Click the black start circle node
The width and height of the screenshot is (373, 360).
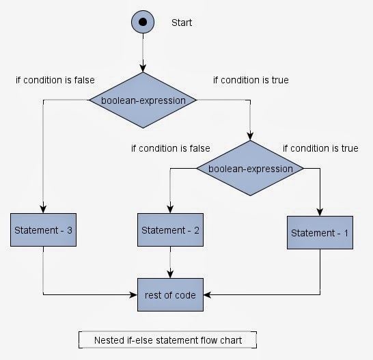coord(142,22)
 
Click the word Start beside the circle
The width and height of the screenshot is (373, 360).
coord(182,23)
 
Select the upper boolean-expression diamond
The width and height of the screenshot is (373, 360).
coord(143,100)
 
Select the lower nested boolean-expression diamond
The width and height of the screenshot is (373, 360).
coord(249,168)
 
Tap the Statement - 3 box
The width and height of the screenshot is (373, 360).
coord(43,231)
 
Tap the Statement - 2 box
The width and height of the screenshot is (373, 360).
coord(170,230)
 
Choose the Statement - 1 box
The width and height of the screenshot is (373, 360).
coord(320,233)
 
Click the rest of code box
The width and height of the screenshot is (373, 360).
coord(170,295)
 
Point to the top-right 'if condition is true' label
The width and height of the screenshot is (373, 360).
coord(251,80)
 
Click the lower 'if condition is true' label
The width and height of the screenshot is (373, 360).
coord(320,148)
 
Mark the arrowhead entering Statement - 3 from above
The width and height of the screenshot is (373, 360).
coord(43,210)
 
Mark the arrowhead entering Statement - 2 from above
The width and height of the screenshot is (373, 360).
coord(170,209)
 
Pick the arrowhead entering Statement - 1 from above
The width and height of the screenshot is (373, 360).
coord(320,212)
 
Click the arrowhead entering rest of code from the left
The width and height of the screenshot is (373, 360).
coord(135,295)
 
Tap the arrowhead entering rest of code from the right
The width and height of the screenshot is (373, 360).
coord(206,295)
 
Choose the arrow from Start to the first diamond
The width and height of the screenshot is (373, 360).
coord(142,51)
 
